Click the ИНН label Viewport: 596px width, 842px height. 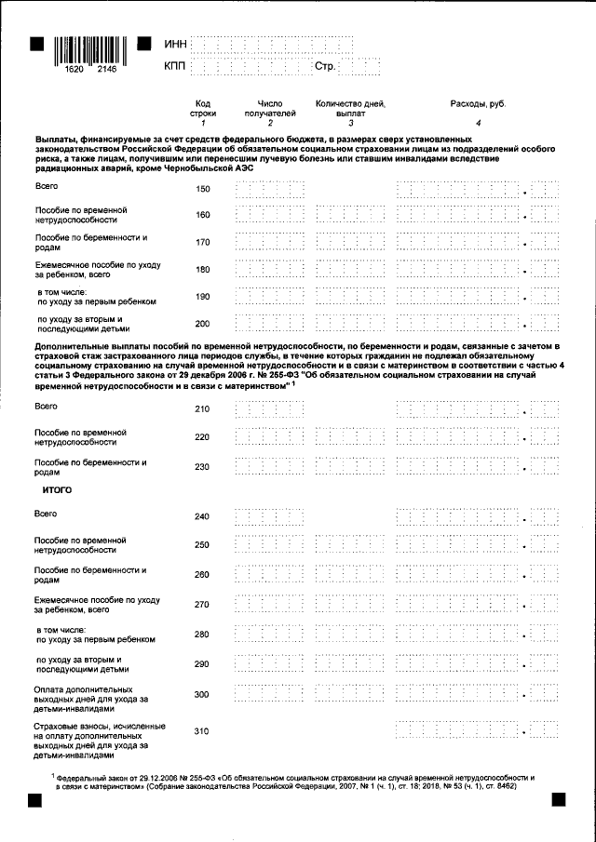(175, 44)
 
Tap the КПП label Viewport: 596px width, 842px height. (175, 67)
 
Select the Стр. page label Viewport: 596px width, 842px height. (325, 67)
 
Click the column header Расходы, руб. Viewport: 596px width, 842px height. (478, 103)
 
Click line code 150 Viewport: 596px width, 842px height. (203, 190)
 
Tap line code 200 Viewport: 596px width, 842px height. (203, 324)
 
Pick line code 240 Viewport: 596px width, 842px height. (203, 516)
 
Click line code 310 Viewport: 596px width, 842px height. (203, 731)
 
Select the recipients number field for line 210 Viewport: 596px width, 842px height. (270, 409)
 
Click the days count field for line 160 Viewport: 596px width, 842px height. (350, 216)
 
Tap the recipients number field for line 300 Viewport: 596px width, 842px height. (270, 695)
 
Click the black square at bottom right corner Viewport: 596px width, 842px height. (561, 798)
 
